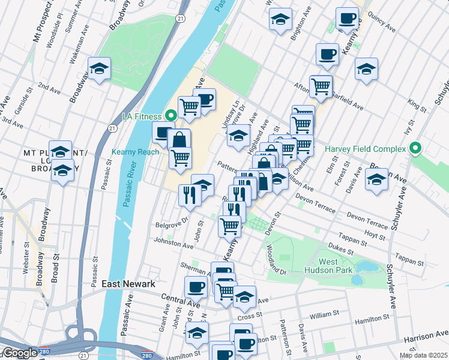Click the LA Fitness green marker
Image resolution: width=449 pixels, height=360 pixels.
tap(170, 116)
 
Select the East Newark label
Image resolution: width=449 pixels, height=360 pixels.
tap(128, 284)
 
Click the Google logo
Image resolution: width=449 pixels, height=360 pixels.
tap(20, 353)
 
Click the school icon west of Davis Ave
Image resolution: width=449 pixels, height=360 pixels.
tap(376, 179)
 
